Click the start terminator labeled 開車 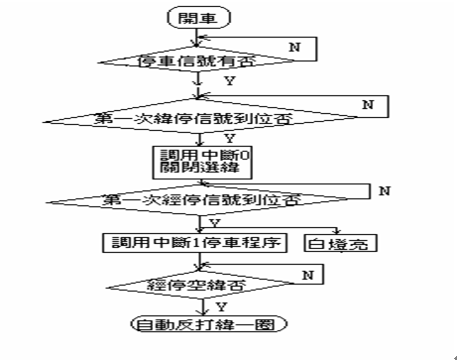[199, 19]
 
